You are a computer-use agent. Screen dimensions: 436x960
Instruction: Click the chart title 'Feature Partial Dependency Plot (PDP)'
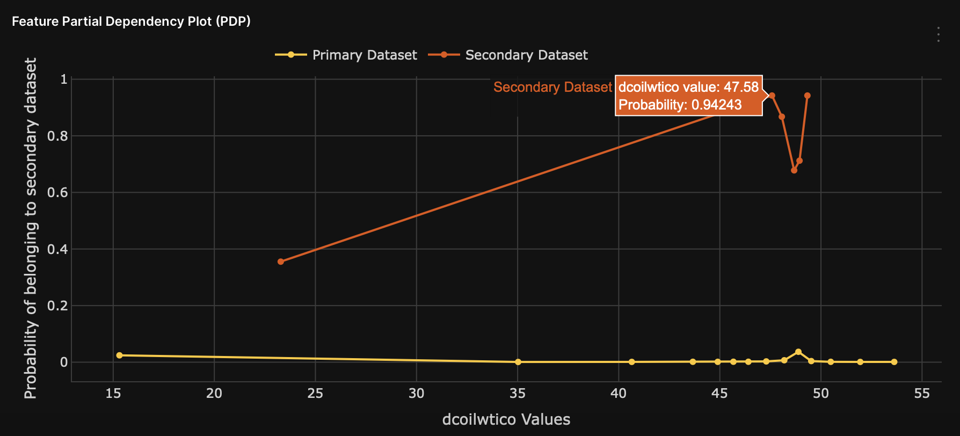coord(131,21)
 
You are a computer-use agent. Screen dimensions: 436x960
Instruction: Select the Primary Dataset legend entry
coord(346,55)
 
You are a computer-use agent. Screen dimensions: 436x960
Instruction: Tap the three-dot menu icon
coord(938,34)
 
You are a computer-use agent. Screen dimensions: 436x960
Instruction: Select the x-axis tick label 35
coord(518,394)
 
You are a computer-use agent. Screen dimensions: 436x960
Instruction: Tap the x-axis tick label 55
coord(921,394)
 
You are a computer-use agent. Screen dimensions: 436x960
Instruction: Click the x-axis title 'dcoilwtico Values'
coord(506,419)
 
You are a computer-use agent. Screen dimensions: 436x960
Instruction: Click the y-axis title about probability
coord(31,229)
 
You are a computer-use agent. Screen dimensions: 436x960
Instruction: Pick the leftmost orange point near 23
coord(280,261)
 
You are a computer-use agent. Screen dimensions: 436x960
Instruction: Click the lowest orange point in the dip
coord(794,170)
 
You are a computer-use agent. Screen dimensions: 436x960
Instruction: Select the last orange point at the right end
coord(807,96)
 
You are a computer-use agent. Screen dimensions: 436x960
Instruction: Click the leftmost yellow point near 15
coord(119,355)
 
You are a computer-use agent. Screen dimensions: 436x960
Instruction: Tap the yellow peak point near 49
coord(798,352)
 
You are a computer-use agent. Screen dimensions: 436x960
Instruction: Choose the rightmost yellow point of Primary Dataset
coord(894,362)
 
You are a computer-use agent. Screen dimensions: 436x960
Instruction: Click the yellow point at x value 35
coord(518,362)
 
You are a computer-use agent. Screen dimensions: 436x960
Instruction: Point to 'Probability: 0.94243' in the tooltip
coord(680,105)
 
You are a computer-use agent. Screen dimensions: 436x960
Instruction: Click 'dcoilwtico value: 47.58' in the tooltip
coord(688,87)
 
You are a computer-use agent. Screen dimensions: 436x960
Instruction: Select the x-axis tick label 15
coord(113,394)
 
